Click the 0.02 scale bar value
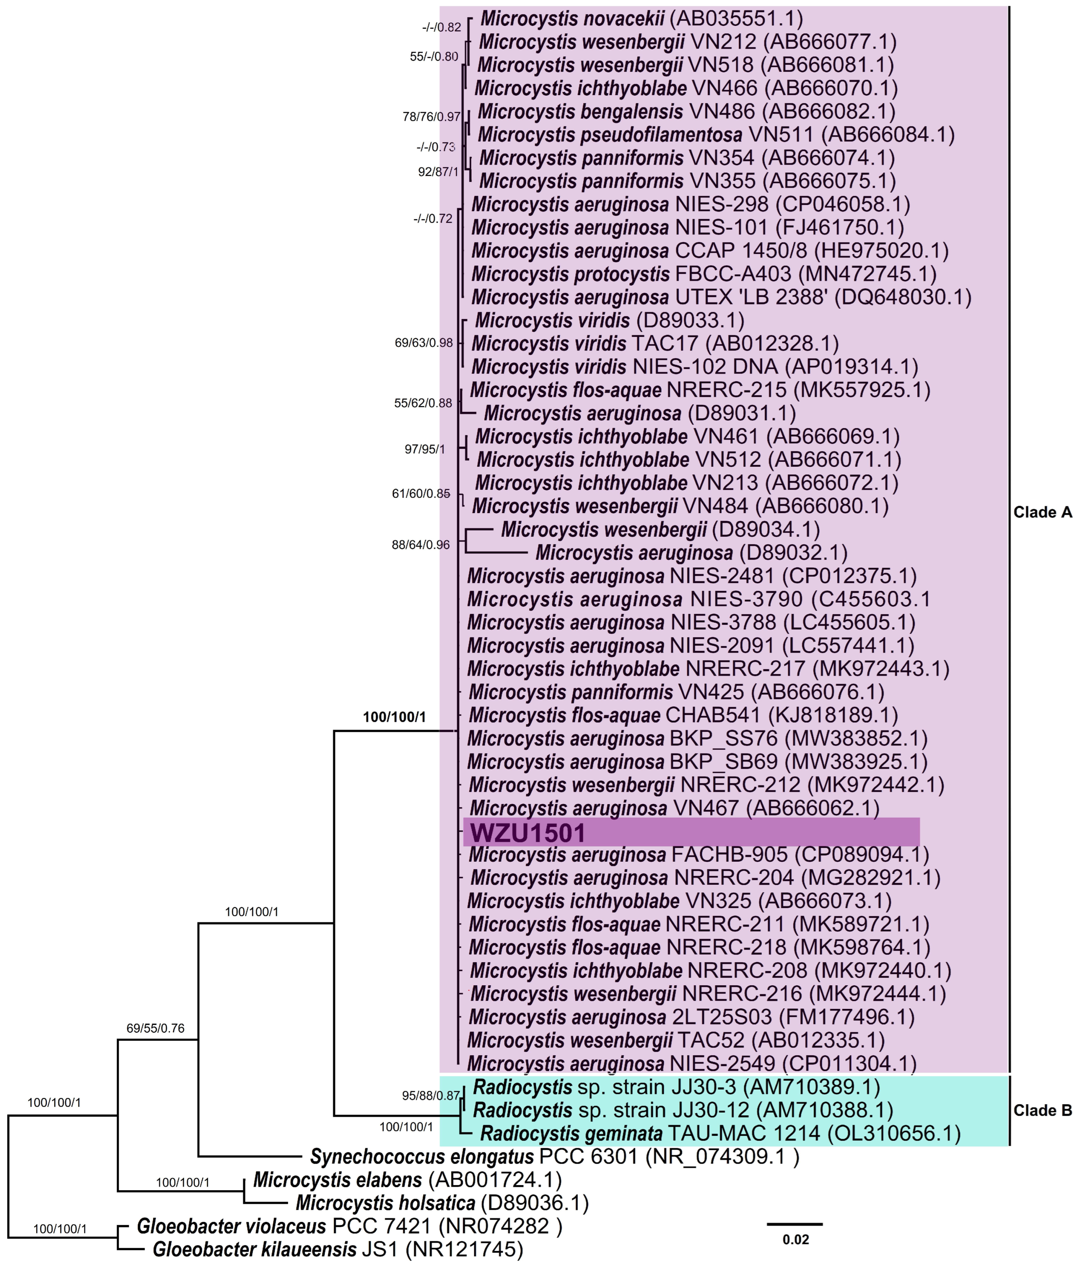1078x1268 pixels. (796, 1239)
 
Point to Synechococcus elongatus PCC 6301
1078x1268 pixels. (554, 1157)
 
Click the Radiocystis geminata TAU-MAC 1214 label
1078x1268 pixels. (720, 1134)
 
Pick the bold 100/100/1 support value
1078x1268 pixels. (394, 717)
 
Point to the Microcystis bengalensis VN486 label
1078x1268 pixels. (686, 111)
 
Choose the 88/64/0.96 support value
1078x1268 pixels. (421, 545)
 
